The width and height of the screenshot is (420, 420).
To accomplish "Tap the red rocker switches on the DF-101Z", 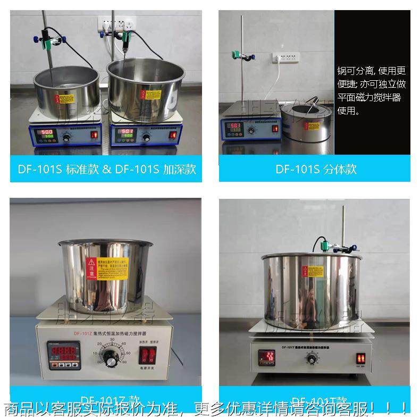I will pyautogui.click(x=149, y=356).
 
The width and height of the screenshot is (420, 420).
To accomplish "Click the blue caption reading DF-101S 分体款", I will pyautogui.click(x=316, y=170).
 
